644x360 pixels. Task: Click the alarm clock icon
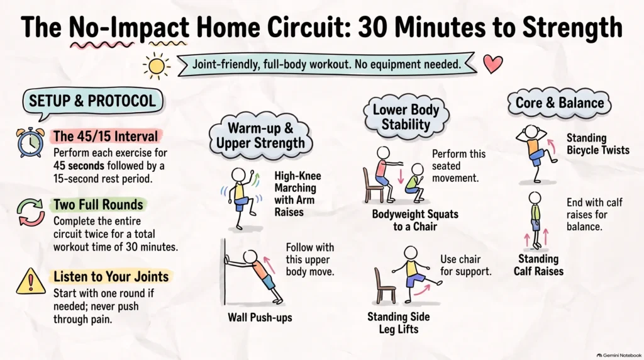coord(30,142)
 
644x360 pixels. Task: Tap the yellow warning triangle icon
coord(30,282)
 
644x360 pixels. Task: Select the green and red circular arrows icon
coord(31,212)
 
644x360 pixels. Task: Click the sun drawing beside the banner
coord(157,65)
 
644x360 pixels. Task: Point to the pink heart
coord(493,64)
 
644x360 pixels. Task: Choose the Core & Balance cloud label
coord(559,103)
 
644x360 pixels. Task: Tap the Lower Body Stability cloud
coord(406,116)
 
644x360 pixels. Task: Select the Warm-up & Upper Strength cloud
coord(260,135)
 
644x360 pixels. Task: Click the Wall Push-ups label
coord(260,317)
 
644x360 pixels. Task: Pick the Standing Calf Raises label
coord(538,265)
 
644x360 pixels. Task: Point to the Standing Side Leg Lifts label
coord(398,323)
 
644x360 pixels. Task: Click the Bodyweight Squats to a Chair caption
coord(415,220)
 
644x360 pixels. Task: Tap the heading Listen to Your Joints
coord(111,276)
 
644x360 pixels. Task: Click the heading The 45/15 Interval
coord(106,136)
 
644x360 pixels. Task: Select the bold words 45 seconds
coord(79,166)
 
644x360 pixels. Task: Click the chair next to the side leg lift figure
coord(385,285)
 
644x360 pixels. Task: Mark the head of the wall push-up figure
coord(250,257)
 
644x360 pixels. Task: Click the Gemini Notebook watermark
coord(619,355)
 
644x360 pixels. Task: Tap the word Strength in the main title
coord(572,28)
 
